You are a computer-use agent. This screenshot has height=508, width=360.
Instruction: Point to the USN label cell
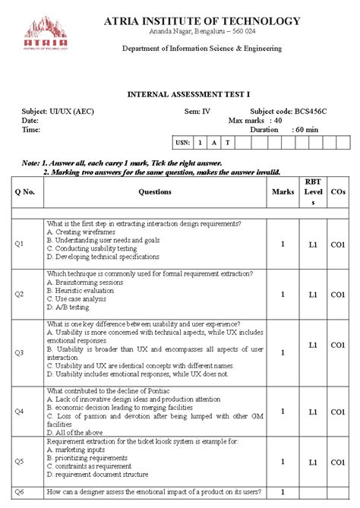[182, 142]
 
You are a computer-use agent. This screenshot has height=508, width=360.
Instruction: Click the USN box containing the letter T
[226, 142]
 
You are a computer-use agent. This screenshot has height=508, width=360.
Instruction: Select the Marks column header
[283, 192]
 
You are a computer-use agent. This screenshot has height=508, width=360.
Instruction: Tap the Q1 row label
[20, 244]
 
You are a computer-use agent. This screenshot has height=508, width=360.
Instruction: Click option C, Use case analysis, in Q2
[77, 298]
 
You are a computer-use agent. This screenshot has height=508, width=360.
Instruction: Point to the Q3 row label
[20, 352]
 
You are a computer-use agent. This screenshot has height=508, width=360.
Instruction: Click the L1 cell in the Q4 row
[312, 412]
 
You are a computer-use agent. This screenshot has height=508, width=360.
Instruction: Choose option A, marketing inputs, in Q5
[77, 449]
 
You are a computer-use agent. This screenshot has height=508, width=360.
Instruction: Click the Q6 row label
[20, 491]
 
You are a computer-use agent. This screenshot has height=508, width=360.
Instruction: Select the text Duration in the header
[265, 130]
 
